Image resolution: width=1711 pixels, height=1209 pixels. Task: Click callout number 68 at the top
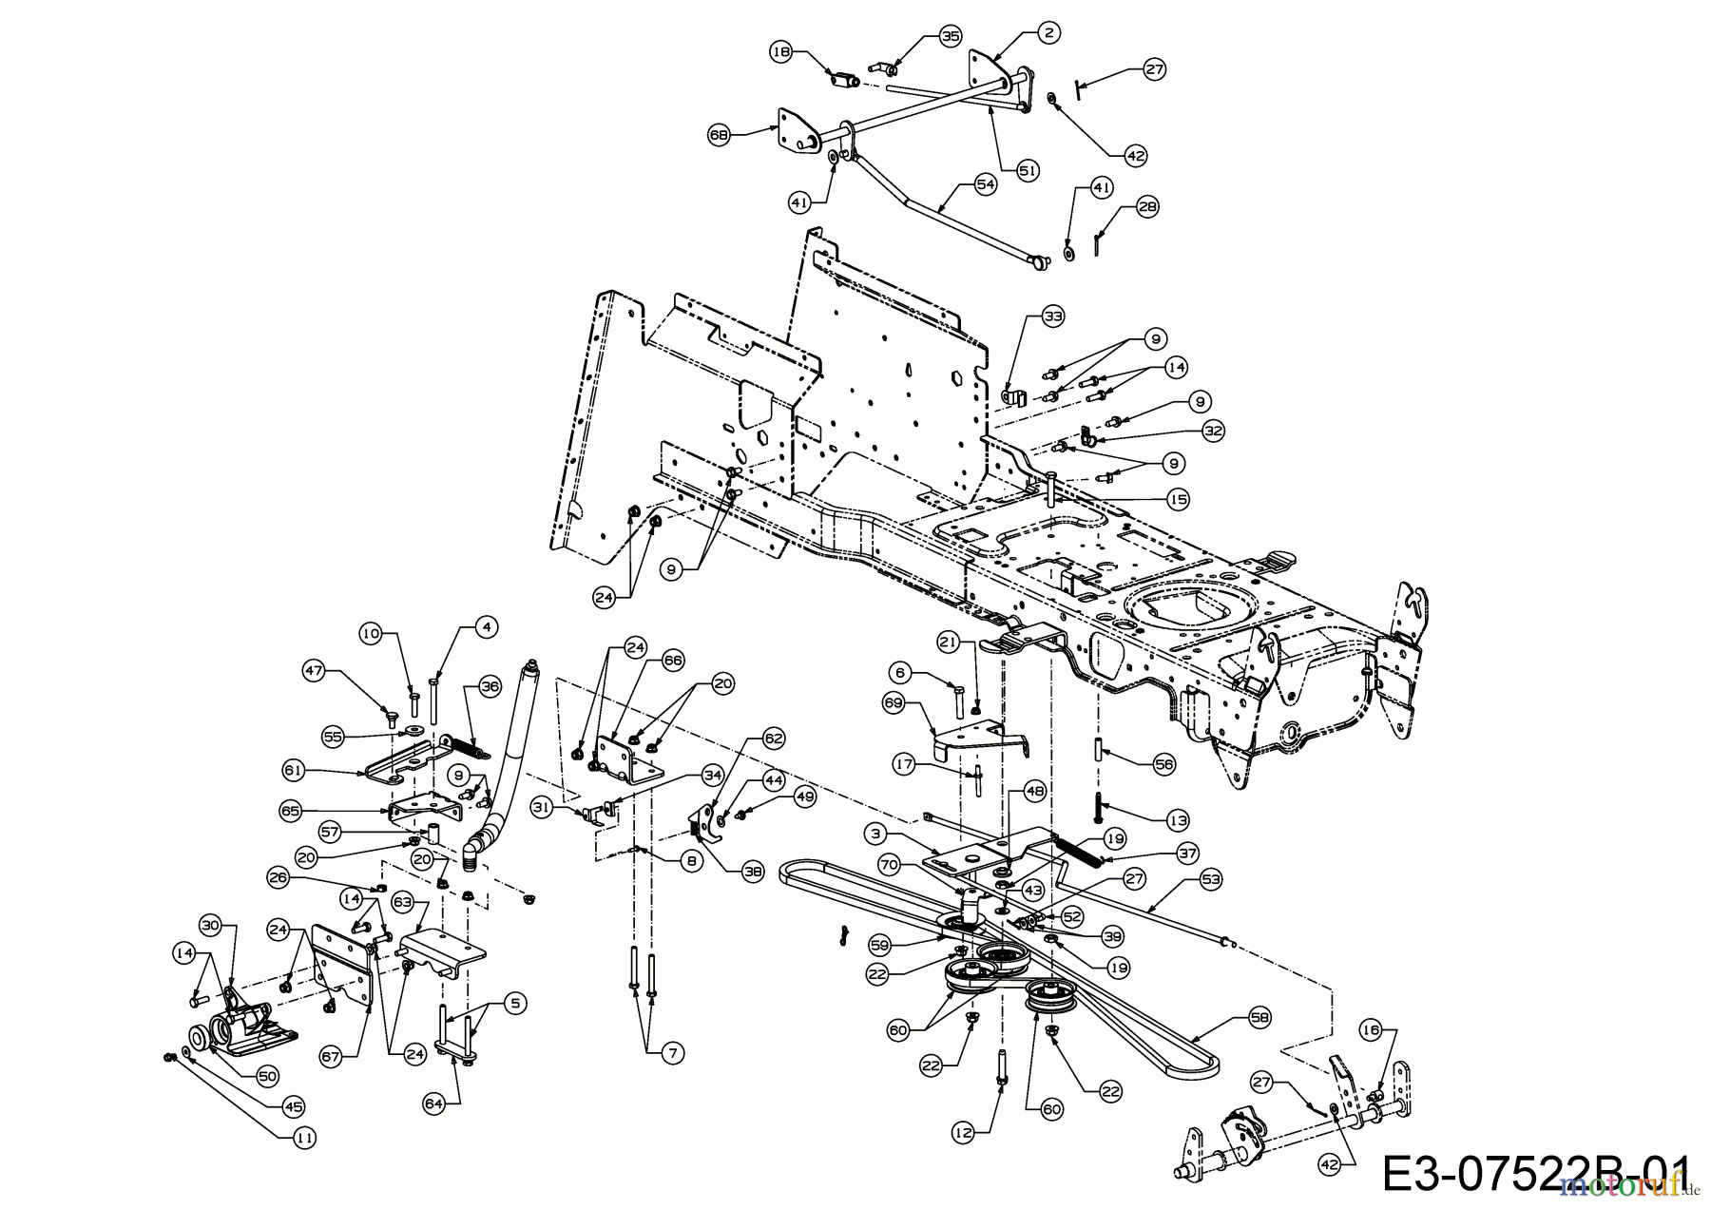tap(720, 136)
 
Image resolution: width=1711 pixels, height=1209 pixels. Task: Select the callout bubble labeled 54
tap(986, 185)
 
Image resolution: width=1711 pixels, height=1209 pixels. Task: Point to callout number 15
tap(1179, 499)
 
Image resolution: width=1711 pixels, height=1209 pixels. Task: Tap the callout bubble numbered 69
tap(894, 704)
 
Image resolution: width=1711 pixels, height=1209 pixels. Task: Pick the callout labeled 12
tap(964, 1133)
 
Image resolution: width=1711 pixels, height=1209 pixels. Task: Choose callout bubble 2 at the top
tap(1048, 33)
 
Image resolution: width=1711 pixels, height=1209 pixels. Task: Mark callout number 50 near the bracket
tap(267, 1076)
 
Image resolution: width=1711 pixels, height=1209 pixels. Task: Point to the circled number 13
tap(1177, 819)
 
